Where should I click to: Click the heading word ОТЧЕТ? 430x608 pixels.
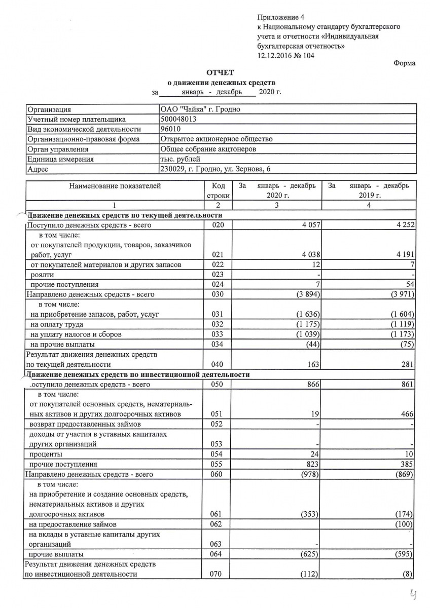pos(220,73)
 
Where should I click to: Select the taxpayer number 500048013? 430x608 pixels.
pos(178,120)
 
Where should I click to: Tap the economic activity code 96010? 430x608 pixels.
pos(170,129)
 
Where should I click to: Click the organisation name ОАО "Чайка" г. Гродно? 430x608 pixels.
pos(200,109)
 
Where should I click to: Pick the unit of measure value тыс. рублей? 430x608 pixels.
pos(180,159)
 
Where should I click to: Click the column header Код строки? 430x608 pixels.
pos(218,191)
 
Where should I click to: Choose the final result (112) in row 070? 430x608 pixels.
pos(309,574)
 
